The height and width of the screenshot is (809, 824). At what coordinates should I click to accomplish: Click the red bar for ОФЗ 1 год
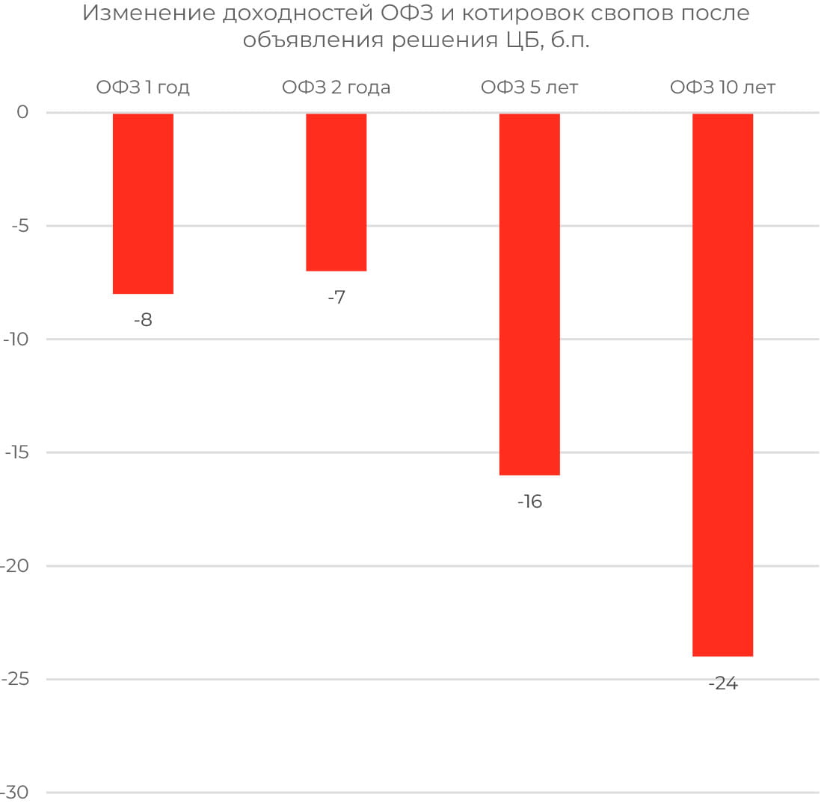(x=143, y=203)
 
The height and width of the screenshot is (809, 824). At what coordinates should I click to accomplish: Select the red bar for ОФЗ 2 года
(x=336, y=192)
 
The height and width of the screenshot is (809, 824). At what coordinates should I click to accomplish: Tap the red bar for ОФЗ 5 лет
(x=529, y=294)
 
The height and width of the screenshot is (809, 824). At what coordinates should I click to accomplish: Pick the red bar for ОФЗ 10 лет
(x=722, y=384)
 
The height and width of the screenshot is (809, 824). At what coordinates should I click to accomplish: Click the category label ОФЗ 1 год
(x=143, y=87)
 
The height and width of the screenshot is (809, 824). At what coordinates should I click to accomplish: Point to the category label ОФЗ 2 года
(x=336, y=87)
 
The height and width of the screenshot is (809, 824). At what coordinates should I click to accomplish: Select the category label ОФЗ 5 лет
(x=529, y=87)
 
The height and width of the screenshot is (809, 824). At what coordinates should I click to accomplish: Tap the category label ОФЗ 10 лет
(x=722, y=87)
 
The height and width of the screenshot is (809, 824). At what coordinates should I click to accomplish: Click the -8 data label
(x=143, y=320)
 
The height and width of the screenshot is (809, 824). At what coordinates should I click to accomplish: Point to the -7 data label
(x=336, y=298)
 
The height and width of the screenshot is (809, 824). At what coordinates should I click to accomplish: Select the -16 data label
(x=529, y=502)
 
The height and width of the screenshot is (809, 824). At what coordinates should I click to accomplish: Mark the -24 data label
(x=722, y=683)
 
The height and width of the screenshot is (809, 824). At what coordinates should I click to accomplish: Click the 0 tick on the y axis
(x=22, y=113)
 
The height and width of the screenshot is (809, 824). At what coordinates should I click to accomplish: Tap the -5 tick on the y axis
(x=19, y=226)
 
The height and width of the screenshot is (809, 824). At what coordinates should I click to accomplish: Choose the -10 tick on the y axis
(x=16, y=339)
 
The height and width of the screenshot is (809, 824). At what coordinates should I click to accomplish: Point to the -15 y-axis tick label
(x=16, y=452)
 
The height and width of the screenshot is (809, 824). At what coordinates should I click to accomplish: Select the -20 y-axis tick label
(x=16, y=566)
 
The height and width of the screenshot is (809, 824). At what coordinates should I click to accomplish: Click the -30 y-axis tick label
(x=16, y=793)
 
